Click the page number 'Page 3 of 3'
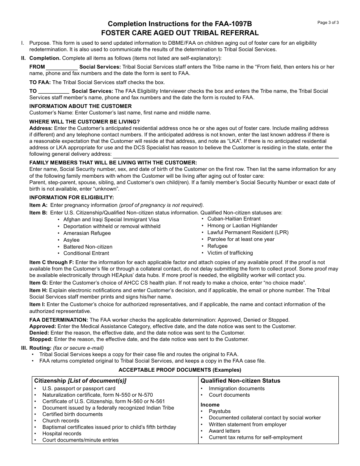pyautogui.click(x=328, y=22)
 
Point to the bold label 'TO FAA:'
pyautogui.click(x=40, y=82)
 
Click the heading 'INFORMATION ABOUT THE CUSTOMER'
pyautogui.click(x=80, y=106)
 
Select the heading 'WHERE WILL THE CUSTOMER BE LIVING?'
pyautogui.click(x=85, y=122)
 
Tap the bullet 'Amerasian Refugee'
pyautogui.click(x=87, y=233)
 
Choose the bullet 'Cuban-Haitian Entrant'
pyautogui.click(x=234, y=219)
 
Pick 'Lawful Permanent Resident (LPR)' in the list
pyautogui.click(x=248, y=232)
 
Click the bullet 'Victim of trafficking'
pyautogui.click(x=230, y=253)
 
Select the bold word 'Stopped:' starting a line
pyautogui.click(x=40, y=339)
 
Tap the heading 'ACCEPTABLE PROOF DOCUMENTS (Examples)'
pyautogui.click(x=180, y=370)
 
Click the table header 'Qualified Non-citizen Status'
pyautogui.click(x=240, y=381)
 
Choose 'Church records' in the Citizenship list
pyautogui.click(x=61, y=421)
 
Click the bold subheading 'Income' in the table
pyautogui.click(x=210, y=405)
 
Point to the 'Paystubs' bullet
pyautogui.click(x=219, y=411)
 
